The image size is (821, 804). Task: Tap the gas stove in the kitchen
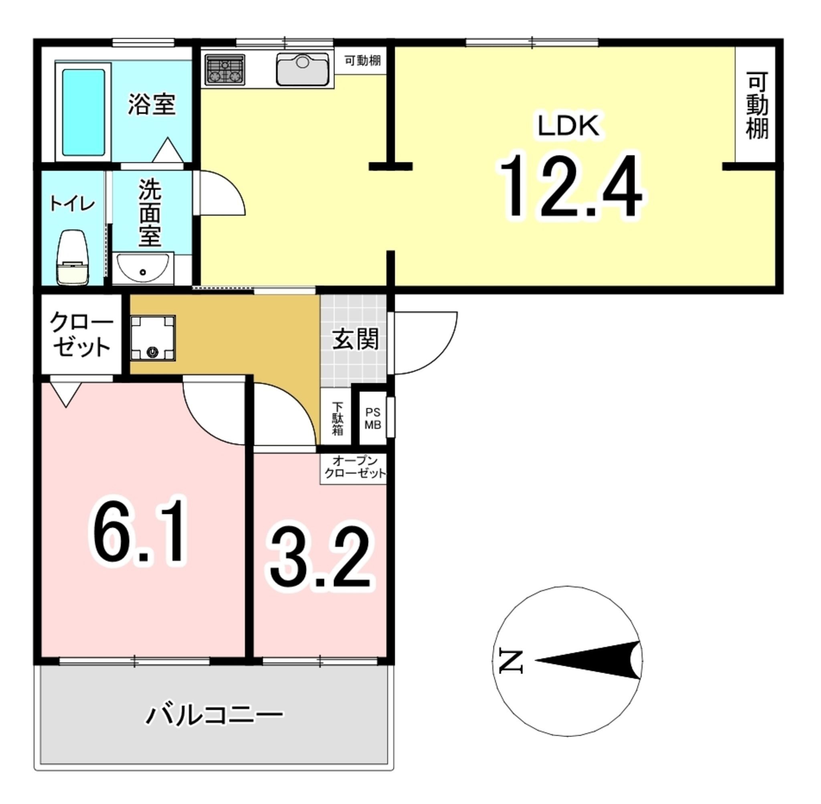coord(225,69)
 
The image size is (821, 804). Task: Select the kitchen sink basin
coord(302,69)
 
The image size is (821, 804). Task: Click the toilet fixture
coord(73,257)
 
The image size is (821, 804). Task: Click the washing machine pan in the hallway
coord(152,338)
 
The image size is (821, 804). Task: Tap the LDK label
coord(568,126)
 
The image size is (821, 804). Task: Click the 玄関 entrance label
coord(355,339)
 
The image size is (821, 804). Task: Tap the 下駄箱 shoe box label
coord(338,418)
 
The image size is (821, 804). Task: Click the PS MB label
coord(373,419)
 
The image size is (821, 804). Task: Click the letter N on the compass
coord(511,661)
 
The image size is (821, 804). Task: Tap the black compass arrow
coord(588,660)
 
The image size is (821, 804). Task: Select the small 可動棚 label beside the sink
coord(362,61)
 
